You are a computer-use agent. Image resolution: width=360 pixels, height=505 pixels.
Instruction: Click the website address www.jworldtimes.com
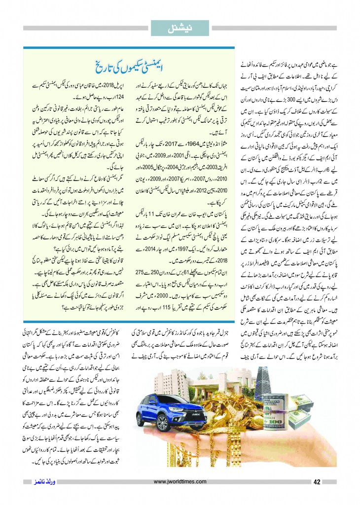(180, 482)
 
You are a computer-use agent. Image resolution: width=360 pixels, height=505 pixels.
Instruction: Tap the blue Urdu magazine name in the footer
(39, 481)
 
